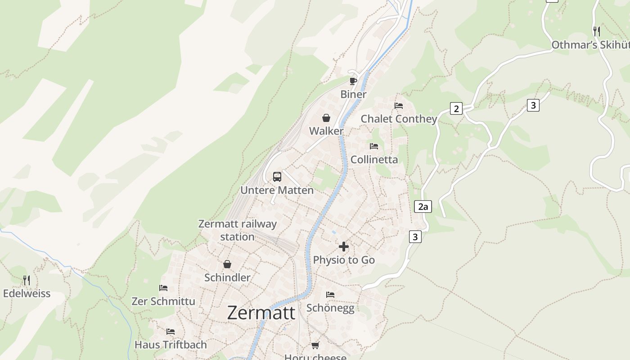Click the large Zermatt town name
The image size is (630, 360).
click(x=261, y=312)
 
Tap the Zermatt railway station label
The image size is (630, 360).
click(x=238, y=230)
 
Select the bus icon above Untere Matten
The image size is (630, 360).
click(x=277, y=177)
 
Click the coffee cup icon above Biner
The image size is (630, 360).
click(x=353, y=81)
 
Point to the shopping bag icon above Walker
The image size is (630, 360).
click(x=326, y=118)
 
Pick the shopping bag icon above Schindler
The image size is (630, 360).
click(x=227, y=264)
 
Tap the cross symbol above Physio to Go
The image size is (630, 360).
click(x=344, y=247)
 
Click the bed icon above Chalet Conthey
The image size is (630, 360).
click(x=399, y=106)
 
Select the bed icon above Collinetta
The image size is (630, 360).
click(x=374, y=146)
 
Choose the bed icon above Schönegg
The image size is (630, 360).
click(x=330, y=295)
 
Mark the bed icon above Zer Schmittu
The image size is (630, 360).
click(x=163, y=288)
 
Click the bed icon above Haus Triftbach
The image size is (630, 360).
click(x=171, y=332)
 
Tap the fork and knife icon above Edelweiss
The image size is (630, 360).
click(x=27, y=280)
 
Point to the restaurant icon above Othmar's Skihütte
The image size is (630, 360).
click(x=597, y=31)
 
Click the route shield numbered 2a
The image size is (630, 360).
click(x=423, y=207)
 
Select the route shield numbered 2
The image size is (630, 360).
click(x=456, y=108)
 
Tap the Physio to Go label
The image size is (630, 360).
click(x=344, y=260)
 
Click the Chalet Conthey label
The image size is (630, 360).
click(x=399, y=119)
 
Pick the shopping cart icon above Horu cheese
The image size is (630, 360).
click(x=315, y=345)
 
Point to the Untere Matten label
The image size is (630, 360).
click(x=277, y=190)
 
